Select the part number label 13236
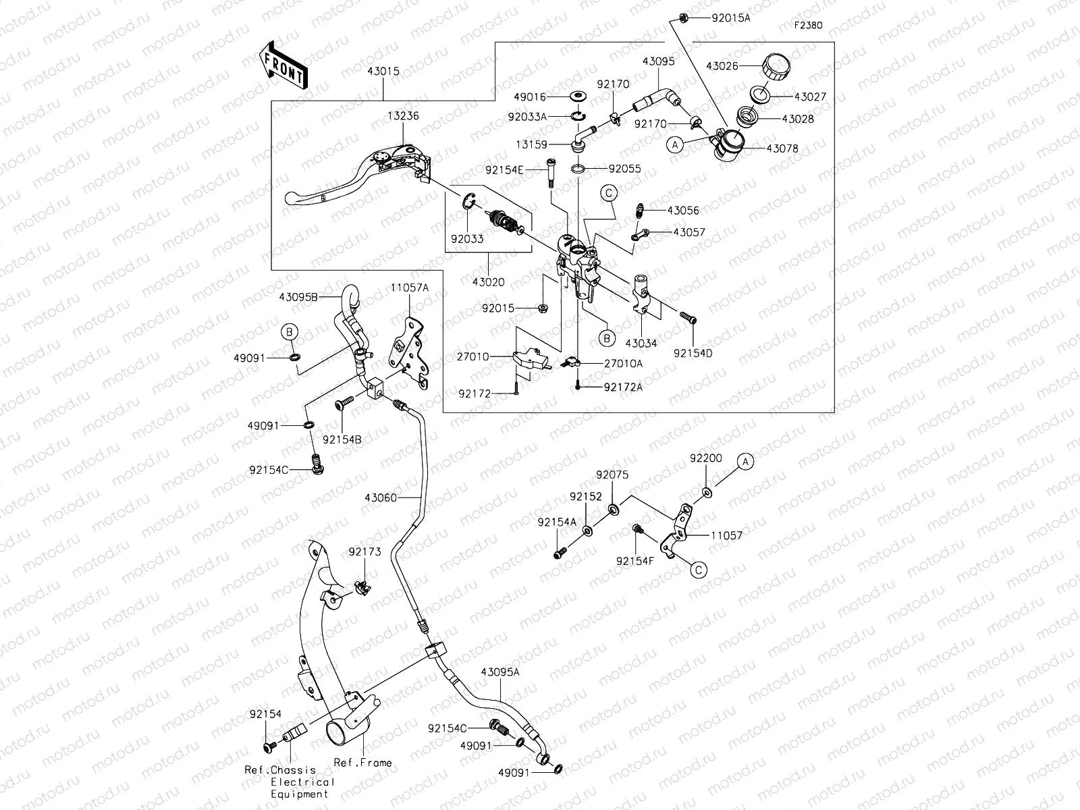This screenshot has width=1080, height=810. click(403, 115)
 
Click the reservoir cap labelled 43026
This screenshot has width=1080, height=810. click(776, 67)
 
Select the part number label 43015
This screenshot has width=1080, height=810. click(383, 71)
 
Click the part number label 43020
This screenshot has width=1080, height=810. click(488, 283)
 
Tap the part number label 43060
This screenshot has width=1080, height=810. click(381, 497)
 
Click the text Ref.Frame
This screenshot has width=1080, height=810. click(362, 763)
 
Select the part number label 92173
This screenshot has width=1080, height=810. click(364, 551)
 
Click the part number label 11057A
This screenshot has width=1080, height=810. click(409, 287)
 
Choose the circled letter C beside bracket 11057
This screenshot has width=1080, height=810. click(699, 570)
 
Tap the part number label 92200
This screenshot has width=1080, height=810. click(706, 458)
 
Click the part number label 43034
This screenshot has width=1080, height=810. click(641, 343)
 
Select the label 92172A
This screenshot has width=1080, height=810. click(623, 387)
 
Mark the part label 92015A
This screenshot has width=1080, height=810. click(730, 18)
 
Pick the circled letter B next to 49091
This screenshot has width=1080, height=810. click(289, 331)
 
